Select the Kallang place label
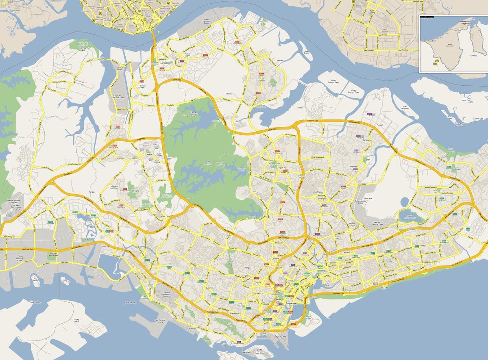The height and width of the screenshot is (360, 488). click(x=325, y=285)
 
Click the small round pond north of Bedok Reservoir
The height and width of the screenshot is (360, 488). click(x=404, y=202)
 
